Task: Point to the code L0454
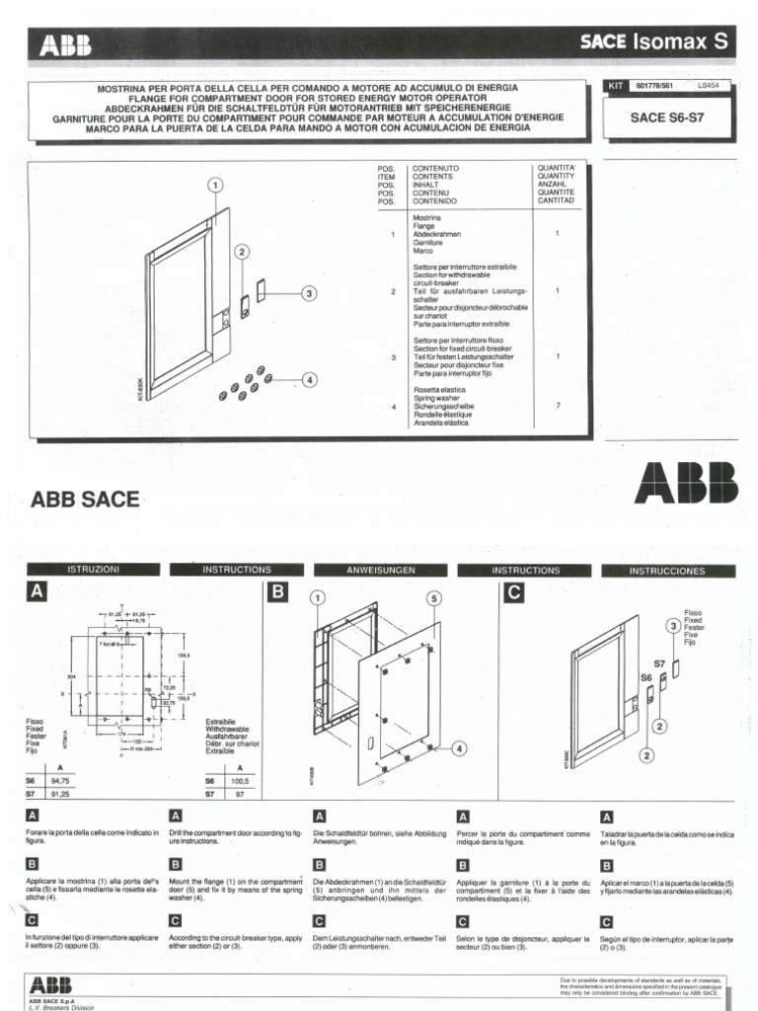click(x=708, y=86)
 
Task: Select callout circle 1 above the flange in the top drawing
click(x=214, y=185)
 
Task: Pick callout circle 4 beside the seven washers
click(x=309, y=378)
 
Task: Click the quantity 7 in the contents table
click(x=557, y=405)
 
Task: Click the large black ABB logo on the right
click(x=686, y=484)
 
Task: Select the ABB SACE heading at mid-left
click(x=86, y=500)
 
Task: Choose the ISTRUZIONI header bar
click(x=93, y=570)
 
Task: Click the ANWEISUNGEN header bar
click(x=381, y=570)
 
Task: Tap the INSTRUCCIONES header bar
click(x=667, y=571)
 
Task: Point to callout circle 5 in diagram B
click(x=432, y=598)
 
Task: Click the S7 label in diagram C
click(x=658, y=664)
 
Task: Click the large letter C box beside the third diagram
click(x=513, y=593)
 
